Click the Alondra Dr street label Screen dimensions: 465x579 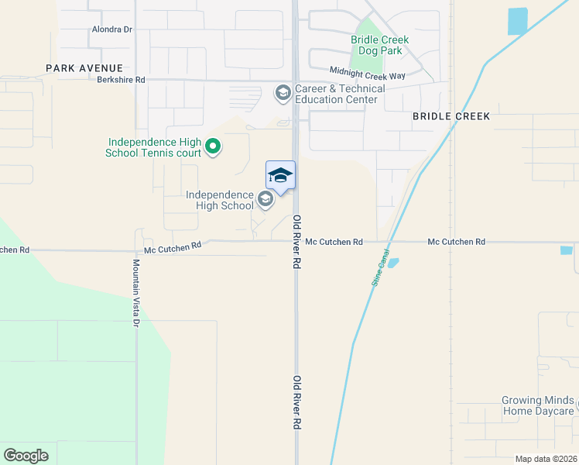coord(113,29)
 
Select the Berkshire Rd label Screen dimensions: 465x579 coord(121,80)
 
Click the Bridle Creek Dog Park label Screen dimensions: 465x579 coord(379,46)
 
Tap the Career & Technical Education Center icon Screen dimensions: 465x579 coord(283,94)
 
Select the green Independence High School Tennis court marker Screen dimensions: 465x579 coord(213,145)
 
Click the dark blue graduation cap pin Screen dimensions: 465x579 coord(280,176)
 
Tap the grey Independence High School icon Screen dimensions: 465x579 coord(266,200)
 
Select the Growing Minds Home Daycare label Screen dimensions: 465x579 coord(538,406)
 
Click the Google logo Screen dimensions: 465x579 coord(26,455)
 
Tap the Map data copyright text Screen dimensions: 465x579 coord(546,459)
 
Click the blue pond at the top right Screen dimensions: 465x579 coord(517,21)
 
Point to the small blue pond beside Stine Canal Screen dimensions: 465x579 coord(392,263)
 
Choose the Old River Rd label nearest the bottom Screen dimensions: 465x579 coord(296,403)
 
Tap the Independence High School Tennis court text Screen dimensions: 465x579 coord(154,147)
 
